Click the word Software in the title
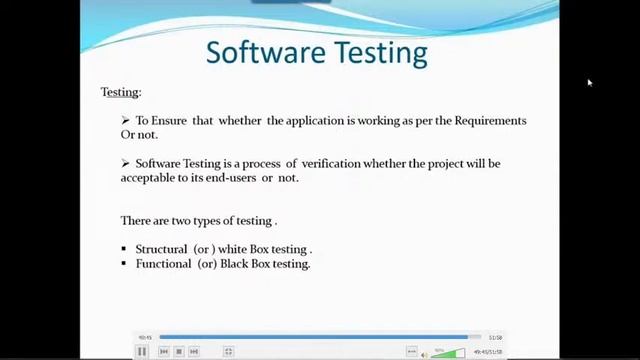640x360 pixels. pyautogui.click(x=260, y=52)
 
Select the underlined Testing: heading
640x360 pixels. pyautogui.click(x=121, y=92)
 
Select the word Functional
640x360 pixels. pyautogui.click(x=163, y=263)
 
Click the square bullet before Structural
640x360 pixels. pyautogui.click(x=124, y=248)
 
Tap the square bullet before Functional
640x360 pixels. pyautogui.click(x=124, y=263)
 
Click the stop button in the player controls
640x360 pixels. pyautogui.click(x=178, y=352)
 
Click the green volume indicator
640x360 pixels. pyautogui.click(x=448, y=353)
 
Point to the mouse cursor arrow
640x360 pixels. pyautogui.click(x=589, y=83)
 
